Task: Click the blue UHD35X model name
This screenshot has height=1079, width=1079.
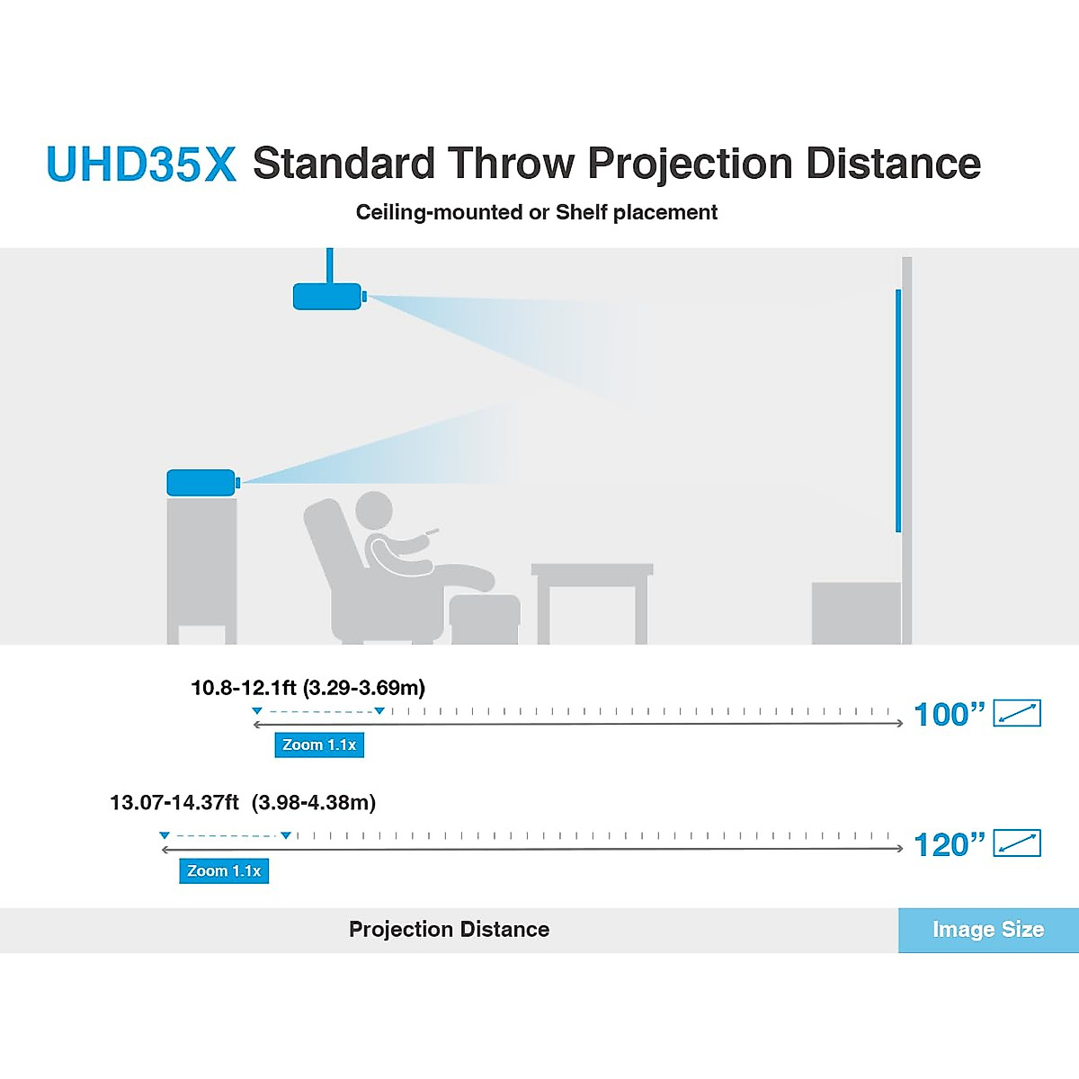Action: click(141, 165)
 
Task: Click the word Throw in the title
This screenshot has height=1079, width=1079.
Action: click(511, 164)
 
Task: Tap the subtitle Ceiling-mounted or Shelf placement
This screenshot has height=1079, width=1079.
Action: click(536, 212)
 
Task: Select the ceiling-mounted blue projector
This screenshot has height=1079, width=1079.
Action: click(327, 296)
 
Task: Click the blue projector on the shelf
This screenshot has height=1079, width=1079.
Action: click(201, 483)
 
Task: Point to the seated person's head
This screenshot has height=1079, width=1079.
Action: click(373, 510)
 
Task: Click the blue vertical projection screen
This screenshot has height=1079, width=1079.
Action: click(897, 410)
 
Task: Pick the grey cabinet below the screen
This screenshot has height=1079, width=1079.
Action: click(855, 612)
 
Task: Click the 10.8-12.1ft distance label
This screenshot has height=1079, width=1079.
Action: click(308, 688)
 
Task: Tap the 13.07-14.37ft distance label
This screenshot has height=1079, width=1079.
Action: click(243, 802)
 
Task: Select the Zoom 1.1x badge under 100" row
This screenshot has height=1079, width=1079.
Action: click(319, 745)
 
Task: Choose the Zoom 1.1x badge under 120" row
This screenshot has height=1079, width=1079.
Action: click(224, 870)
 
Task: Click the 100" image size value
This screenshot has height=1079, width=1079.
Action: click(949, 714)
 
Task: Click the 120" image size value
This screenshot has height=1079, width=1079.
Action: click(949, 844)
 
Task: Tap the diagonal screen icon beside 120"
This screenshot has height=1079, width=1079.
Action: click(1017, 843)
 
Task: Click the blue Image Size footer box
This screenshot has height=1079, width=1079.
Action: click(988, 930)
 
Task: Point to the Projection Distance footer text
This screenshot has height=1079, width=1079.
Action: click(449, 930)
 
